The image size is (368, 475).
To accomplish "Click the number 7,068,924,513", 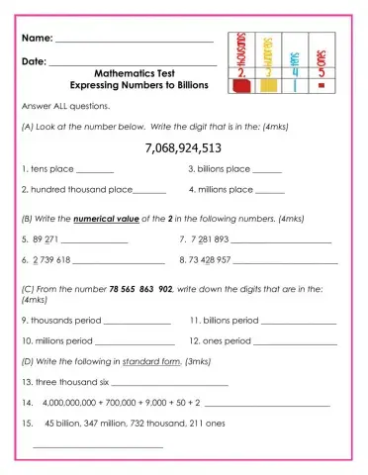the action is [183, 148].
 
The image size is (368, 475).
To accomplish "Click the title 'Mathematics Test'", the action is [137, 73].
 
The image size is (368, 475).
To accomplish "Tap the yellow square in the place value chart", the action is [268, 87].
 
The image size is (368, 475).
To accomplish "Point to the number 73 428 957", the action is [211, 260].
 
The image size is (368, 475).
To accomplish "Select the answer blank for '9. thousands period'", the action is [138, 323].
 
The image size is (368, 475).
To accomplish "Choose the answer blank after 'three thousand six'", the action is [170, 383].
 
